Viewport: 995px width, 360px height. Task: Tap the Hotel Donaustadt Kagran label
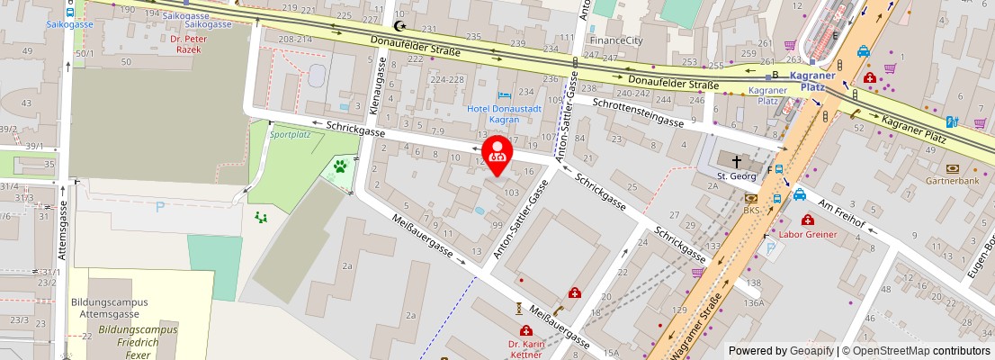[504, 113]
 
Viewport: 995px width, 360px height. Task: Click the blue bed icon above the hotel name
[505, 94]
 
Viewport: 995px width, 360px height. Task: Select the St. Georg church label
[737, 176]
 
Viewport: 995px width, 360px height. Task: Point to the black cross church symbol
[737, 161]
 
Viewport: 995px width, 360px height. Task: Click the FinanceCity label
[616, 40]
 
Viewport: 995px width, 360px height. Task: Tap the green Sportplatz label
[290, 134]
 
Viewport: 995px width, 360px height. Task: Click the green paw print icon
[341, 166]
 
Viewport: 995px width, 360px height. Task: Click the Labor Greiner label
[807, 234]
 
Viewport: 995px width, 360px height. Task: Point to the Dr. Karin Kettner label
[525, 348]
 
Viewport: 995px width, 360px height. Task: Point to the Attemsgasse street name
[64, 229]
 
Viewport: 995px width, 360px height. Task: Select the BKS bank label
[751, 211]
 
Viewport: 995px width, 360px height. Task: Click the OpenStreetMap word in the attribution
[891, 351]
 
